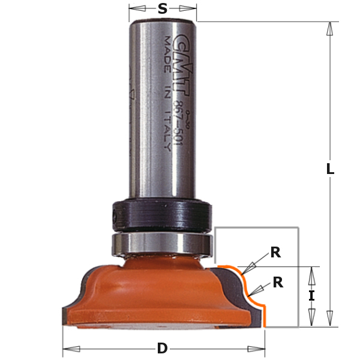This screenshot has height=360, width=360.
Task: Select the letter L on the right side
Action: click(x=329, y=170)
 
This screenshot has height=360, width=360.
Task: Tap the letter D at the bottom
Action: click(x=162, y=348)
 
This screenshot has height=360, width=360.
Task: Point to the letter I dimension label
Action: click(x=311, y=296)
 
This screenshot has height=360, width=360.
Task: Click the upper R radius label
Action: click(x=275, y=252)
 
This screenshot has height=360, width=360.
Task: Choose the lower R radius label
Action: click(x=278, y=283)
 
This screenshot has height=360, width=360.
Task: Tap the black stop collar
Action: click(x=161, y=214)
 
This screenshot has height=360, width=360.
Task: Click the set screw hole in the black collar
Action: click(x=115, y=214)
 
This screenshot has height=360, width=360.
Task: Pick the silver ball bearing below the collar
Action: click(x=161, y=244)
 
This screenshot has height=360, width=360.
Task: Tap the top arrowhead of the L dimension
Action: click(x=329, y=29)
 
